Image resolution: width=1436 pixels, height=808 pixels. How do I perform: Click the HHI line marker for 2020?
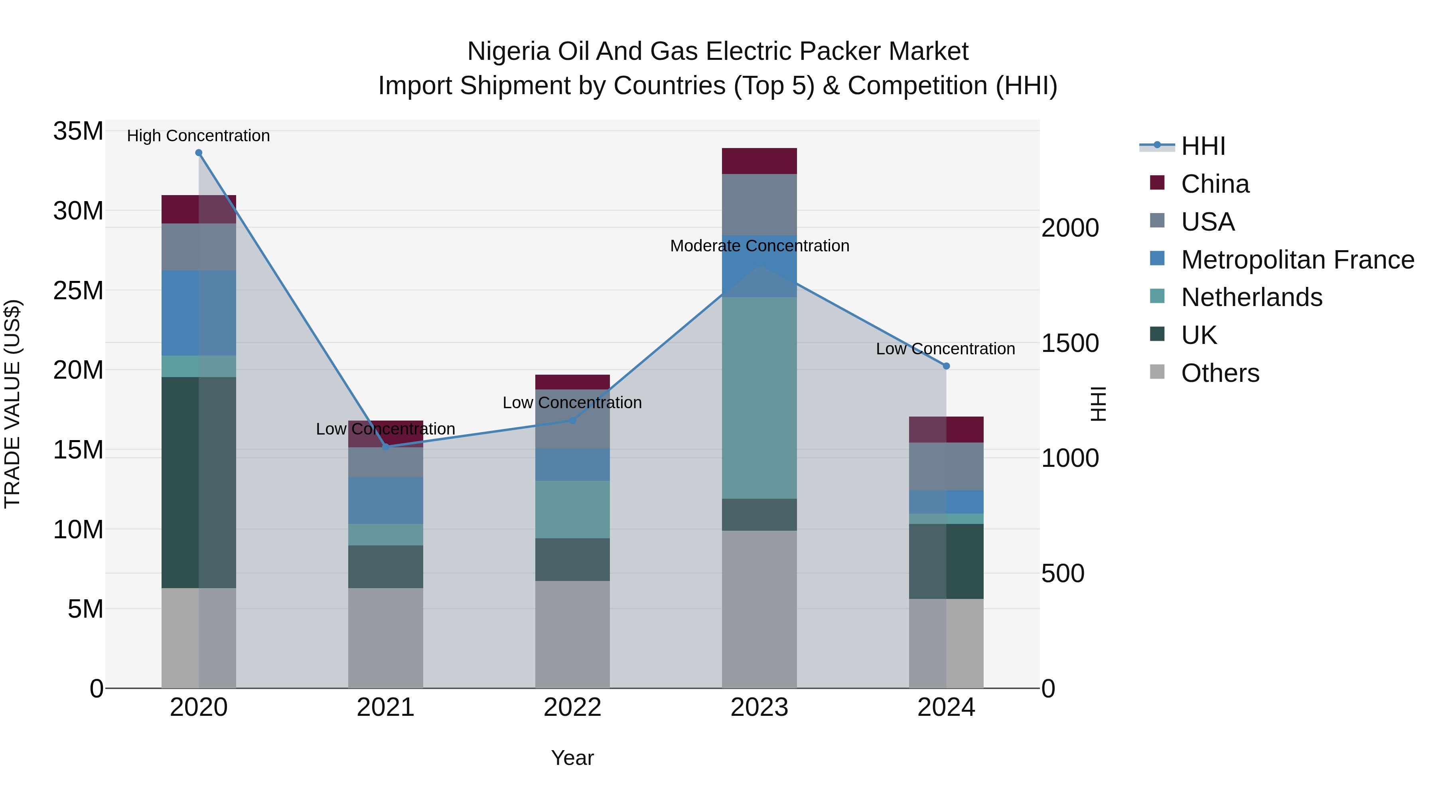click(199, 153)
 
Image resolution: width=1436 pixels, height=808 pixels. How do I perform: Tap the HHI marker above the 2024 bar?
click(946, 366)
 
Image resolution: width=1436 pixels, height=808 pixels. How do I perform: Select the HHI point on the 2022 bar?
click(572, 421)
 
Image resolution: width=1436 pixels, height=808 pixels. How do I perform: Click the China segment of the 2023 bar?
click(759, 161)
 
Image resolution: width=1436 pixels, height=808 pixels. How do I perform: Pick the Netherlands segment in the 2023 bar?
click(759, 397)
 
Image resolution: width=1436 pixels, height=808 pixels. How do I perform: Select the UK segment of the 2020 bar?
click(199, 482)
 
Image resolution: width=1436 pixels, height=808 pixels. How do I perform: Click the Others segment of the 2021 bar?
click(385, 638)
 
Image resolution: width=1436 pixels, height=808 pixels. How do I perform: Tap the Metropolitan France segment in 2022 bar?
click(572, 464)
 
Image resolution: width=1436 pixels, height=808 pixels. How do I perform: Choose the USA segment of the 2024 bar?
click(946, 466)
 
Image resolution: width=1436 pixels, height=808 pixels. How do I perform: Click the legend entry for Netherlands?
click(1251, 297)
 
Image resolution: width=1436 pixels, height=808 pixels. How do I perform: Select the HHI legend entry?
click(1203, 146)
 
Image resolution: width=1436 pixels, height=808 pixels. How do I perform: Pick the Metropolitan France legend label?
click(1297, 260)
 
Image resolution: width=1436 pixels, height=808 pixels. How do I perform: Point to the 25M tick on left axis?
click(78, 290)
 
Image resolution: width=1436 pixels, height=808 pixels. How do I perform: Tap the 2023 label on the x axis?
click(759, 707)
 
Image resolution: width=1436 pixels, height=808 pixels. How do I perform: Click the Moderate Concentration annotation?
click(759, 246)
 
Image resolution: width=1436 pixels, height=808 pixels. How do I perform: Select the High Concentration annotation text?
click(199, 136)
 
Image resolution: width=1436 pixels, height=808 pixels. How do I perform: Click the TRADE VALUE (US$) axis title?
click(12, 404)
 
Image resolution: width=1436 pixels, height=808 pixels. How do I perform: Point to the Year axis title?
click(572, 758)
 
